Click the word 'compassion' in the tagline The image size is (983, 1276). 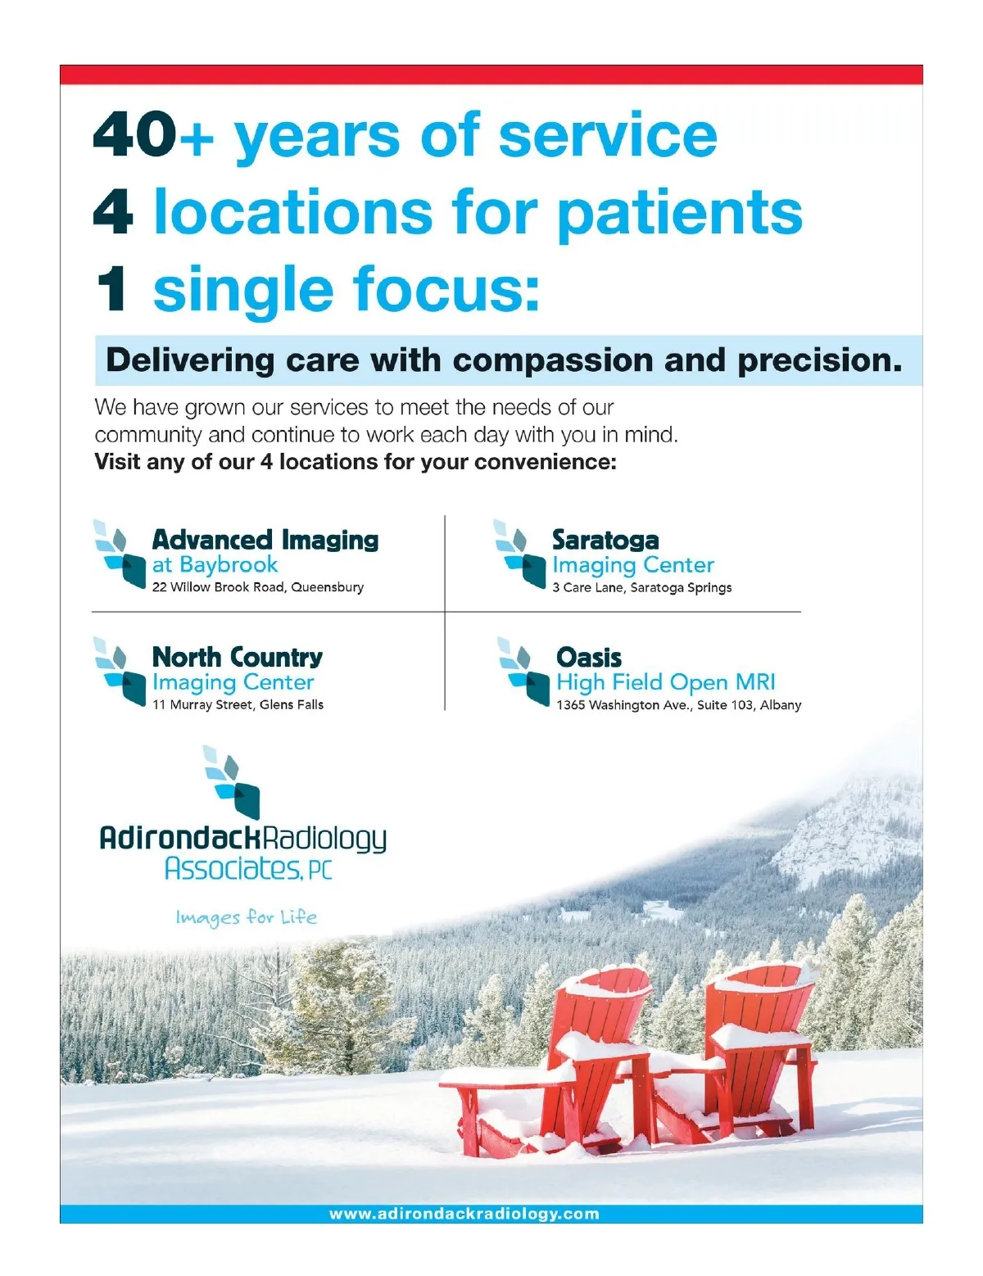pyautogui.click(x=553, y=360)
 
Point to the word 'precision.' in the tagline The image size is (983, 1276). pyautogui.click(x=820, y=360)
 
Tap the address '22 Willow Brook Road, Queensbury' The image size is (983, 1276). pyautogui.click(x=258, y=587)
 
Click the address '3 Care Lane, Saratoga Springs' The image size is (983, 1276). pyautogui.click(x=642, y=588)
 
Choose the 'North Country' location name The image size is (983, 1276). pyautogui.click(x=238, y=657)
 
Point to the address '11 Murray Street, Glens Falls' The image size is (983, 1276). pyautogui.click(x=238, y=704)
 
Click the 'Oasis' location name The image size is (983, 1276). pyautogui.click(x=589, y=658)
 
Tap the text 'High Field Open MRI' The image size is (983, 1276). pyautogui.click(x=666, y=682)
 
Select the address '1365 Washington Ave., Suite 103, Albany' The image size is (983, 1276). pyautogui.click(x=679, y=705)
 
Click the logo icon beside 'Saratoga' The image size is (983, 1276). pyautogui.click(x=519, y=554)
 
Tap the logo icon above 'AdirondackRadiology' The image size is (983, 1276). pyautogui.click(x=231, y=782)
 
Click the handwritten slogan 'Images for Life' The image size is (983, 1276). pyautogui.click(x=247, y=917)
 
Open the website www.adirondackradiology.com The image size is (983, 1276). pyautogui.click(x=464, y=1214)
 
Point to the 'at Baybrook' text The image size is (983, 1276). pyautogui.click(x=215, y=565)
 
